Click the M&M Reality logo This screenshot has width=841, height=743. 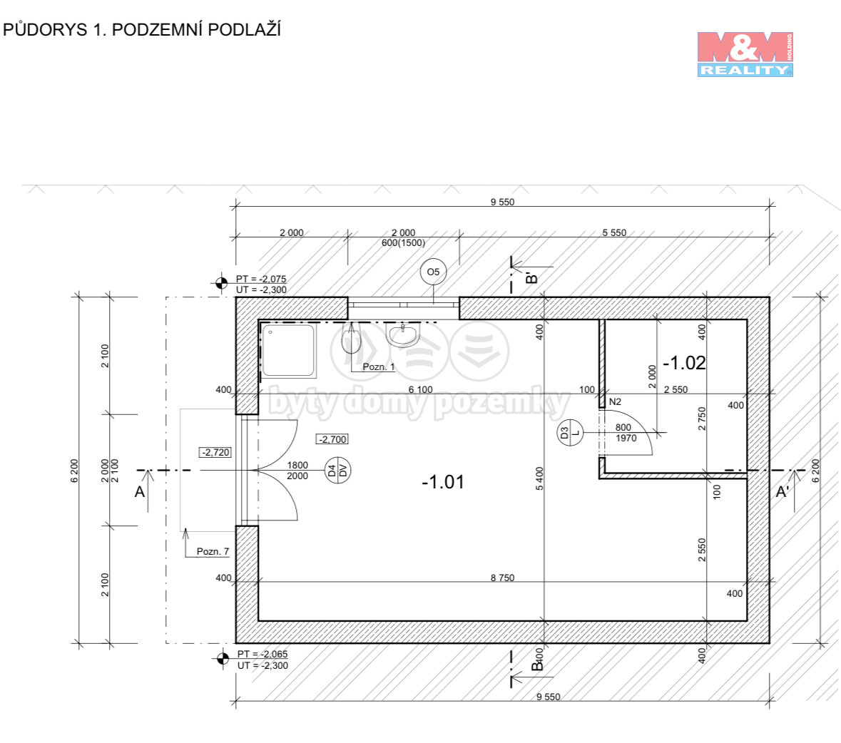(745, 54)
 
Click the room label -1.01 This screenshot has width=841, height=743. (442, 482)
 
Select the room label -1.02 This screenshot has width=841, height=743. (684, 363)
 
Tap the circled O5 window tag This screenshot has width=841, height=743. (433, 272)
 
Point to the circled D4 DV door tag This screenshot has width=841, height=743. (338, 471)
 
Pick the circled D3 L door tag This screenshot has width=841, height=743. (570, 433)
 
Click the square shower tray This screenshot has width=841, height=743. (288, 350)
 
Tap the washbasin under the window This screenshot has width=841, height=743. (402, 335)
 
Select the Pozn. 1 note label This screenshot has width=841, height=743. (378, 367)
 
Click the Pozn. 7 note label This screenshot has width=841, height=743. (213, 551)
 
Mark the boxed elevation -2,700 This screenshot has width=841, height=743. (332, 439)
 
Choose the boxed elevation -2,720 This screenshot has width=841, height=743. (215, 453)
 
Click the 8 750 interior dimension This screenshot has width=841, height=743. (502, 578)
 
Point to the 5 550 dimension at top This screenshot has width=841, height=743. (614, 232)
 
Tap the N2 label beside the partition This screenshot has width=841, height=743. (615, 401)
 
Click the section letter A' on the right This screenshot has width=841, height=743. (782, 491)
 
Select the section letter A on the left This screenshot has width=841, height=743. (139, 491)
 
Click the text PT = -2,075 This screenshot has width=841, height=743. (261, 279)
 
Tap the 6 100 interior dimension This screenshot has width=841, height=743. (421, 389)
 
